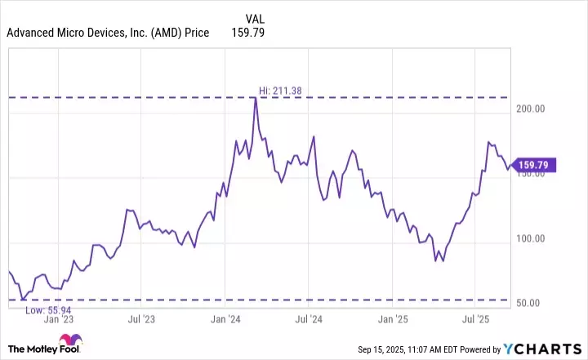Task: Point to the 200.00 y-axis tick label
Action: (x=530, y=109)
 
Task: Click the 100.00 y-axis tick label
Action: (x=530, y=238)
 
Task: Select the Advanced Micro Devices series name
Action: (x=108, y=33)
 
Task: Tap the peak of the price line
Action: (x=256, y=99)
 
